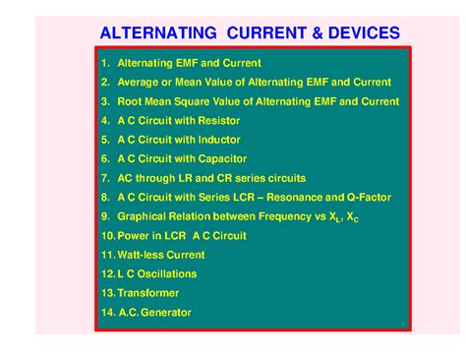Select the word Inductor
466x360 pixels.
pos(217,140)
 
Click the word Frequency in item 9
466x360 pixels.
pos(278,216)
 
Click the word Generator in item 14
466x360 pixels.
pos(166,313)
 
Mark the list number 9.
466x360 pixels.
pos(104,216)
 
